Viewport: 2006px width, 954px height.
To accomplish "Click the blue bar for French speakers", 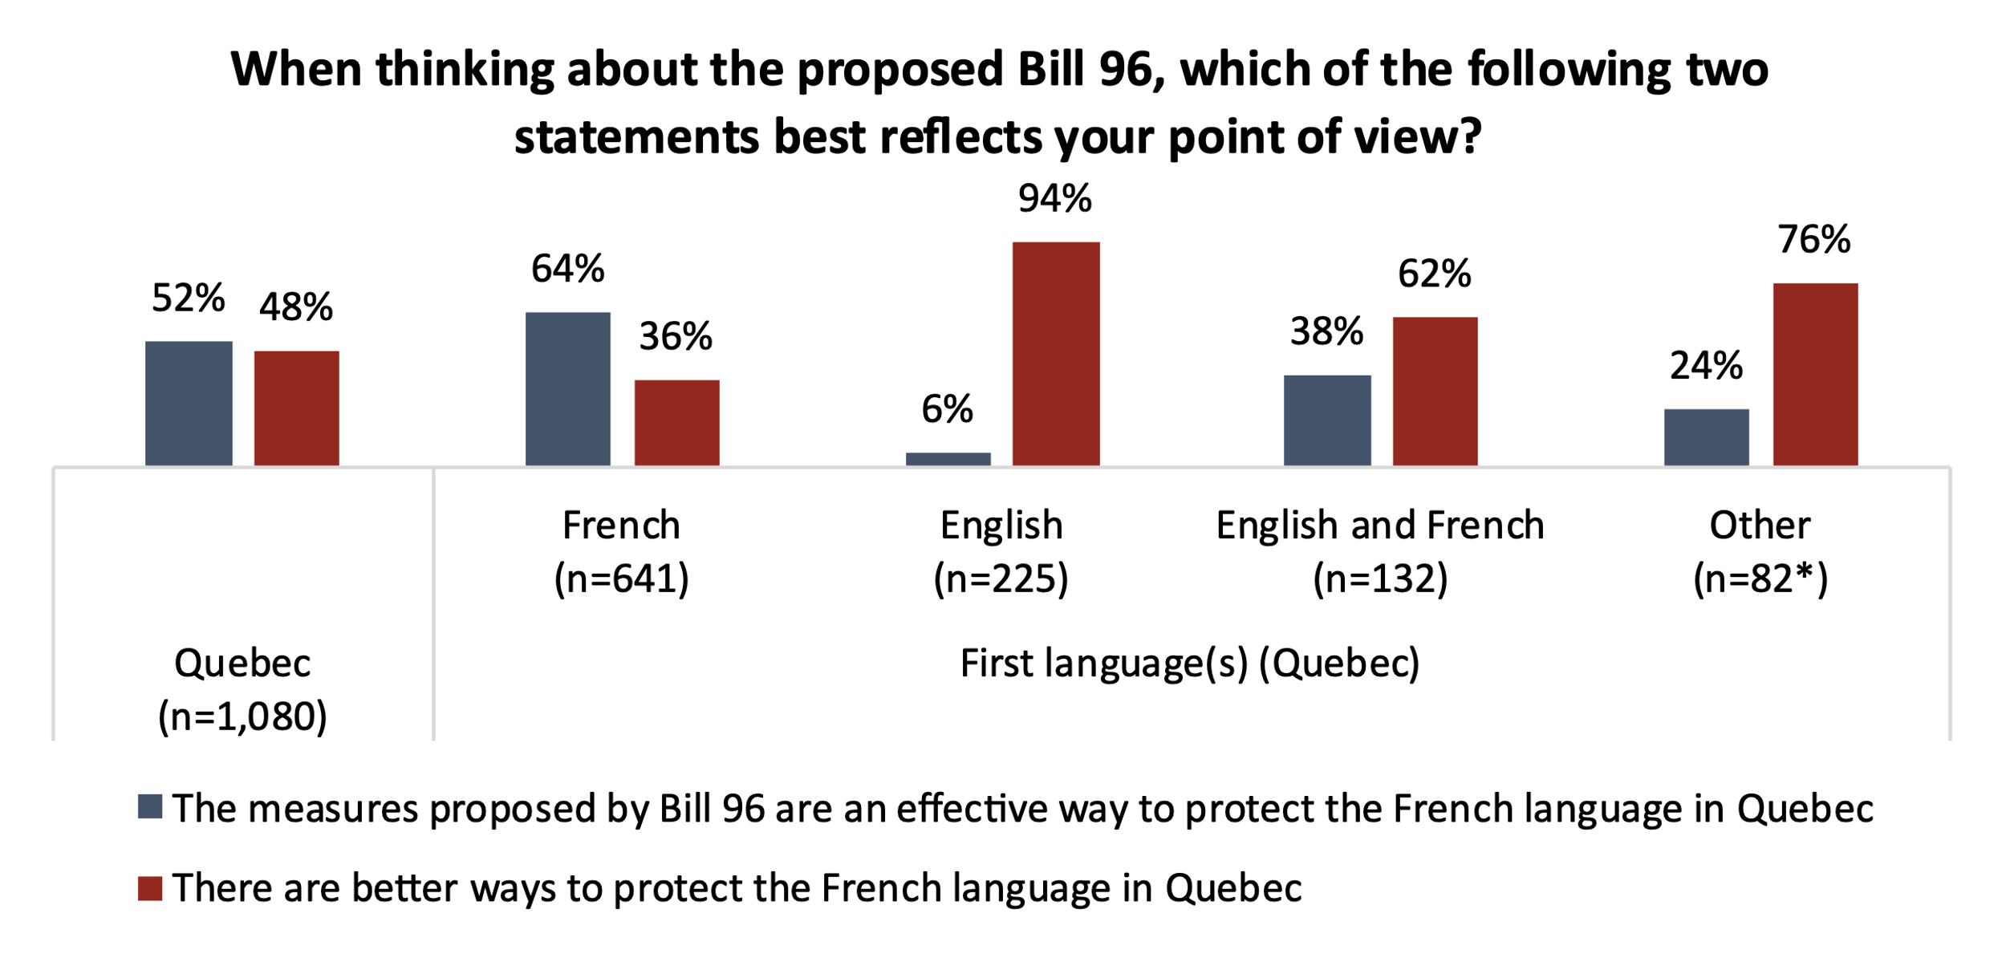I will pos(567,388).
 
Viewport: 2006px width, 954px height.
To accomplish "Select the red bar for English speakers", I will pos(1055,353).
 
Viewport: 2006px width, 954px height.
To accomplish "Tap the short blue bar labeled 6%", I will pos(948,459).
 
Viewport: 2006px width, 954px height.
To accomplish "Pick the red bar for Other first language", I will pos(1815,374).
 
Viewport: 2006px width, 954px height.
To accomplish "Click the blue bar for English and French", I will pos(1326,420).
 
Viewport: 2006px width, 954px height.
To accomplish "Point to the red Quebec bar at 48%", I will pos(296,408).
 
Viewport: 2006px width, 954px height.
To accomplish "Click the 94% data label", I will pos(1054,199).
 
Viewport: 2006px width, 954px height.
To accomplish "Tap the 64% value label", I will pos(567,269).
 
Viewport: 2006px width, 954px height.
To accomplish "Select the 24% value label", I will pos(1706,366).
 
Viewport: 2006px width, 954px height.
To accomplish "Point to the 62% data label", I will pos(1434,274).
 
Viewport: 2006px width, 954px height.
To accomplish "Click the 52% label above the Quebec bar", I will pos(188,298).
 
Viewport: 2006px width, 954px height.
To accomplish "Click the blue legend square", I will pos(150,806).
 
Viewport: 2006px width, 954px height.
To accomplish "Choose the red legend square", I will pos(150,888).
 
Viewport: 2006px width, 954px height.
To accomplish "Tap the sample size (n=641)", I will pos(621,578).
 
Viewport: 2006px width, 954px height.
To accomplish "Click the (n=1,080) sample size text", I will pos(242,717).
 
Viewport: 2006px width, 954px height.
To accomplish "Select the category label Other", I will pos(1760,526).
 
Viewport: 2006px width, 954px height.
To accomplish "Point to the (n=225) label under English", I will pos(1001,578).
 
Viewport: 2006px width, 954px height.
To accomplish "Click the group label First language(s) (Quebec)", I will pos(1189,664).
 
